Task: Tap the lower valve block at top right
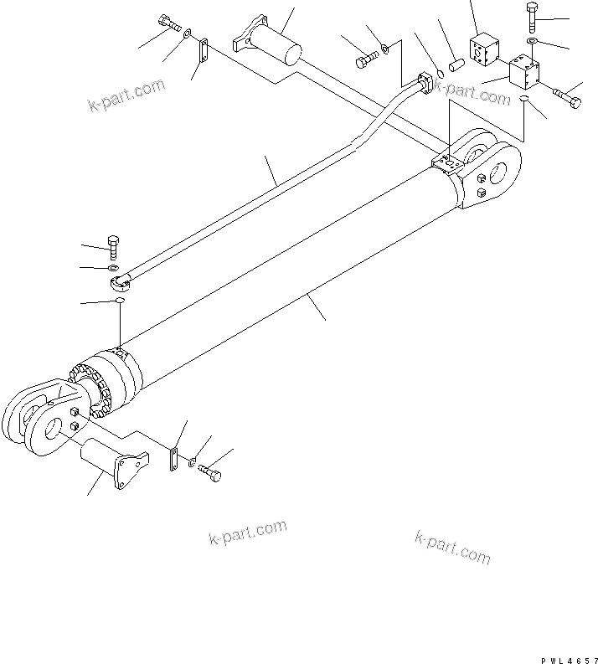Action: coord(523,73)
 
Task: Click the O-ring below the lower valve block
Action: coord(524,99)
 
